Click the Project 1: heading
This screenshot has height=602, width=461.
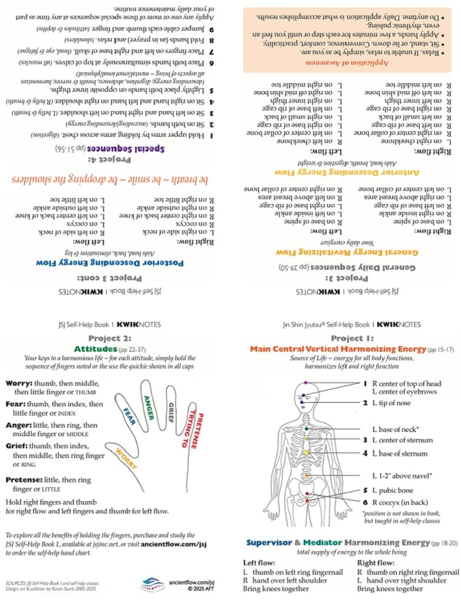pos(352,338)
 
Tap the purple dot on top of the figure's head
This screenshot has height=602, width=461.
pos(306,383)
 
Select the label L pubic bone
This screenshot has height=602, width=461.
pos(396,490)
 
